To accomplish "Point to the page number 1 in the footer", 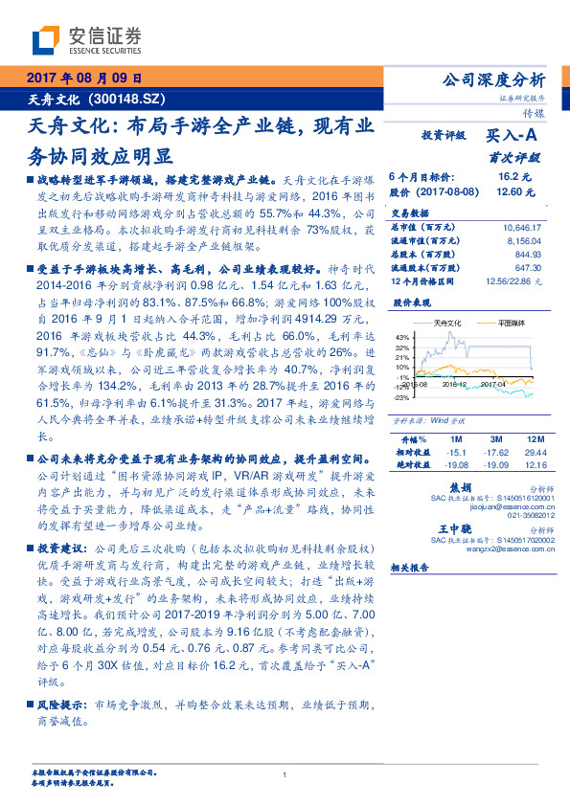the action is pyautogui.click(x=285, y=774).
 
